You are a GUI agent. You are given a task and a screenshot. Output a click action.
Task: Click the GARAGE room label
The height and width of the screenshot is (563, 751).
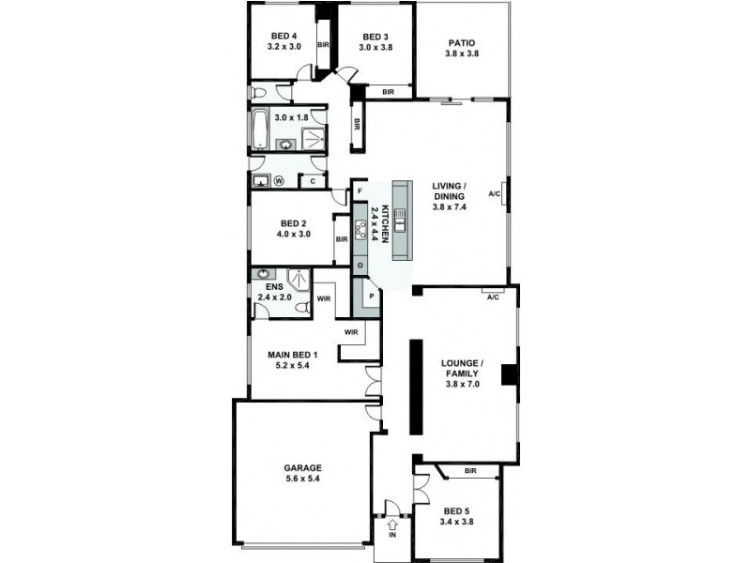pyautogui.click(x=303, y=467)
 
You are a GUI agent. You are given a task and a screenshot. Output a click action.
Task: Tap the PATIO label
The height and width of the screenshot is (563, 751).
pyautogui.click(x=461, y=42)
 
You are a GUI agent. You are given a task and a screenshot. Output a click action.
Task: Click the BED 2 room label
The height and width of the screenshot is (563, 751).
pyautogui.click(x=294, y=223)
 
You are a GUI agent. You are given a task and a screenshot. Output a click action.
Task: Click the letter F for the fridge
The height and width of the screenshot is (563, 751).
pyautogui.click(x=360, y=191)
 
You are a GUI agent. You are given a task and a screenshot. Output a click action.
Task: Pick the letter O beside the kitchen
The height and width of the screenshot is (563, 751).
pyautogui.click(x=360, y=266)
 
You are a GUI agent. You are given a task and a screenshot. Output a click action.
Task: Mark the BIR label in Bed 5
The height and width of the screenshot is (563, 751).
pyautogui.click(x=470, y=470)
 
